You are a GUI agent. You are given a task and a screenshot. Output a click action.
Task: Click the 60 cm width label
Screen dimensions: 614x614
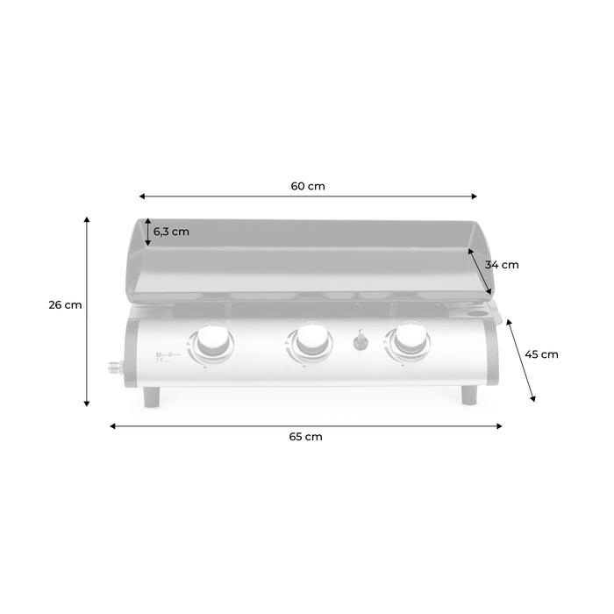pyautogui.click(x=308, y=186)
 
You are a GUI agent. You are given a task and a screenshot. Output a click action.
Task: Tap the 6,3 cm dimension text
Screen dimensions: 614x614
pyautogui.click(x=171, y=232)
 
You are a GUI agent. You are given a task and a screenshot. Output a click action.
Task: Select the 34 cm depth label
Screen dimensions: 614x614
pyautogui.click(x=503, y=264)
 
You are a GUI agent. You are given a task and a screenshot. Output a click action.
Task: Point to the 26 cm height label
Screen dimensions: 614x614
pyautogui.click(x=66, y=305)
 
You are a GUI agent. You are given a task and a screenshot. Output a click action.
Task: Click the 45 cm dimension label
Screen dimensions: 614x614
pyautogui.click(x=541, y=354)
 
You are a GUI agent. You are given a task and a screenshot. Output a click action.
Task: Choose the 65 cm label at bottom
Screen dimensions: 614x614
pyautogui.click(x=306, y=437)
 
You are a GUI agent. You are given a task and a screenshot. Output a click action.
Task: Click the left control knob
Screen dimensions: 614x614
pyautogui.click(x=213, y=341)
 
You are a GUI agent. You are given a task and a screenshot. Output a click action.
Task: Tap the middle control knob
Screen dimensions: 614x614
pyautogui.click(x=311, y=341)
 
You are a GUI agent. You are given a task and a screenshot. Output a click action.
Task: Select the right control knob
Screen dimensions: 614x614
pyautogui.click(x=410, y=341)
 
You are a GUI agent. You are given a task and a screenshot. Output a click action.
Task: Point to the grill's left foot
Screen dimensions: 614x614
pyautogui.click(x=153, y=397)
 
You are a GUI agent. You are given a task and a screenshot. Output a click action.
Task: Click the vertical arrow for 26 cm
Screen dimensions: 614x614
pyautogui.click(x=87, y=311)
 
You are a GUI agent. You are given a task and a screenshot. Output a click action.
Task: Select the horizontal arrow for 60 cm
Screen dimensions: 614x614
pyautogui.click(x=308, y=197)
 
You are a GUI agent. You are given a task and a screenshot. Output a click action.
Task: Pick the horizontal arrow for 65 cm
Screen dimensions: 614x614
pyautogui.click(x=306, y=426)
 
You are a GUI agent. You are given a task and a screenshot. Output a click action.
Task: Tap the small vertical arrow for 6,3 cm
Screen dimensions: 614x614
pyautogui.click(x=148, y=232)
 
